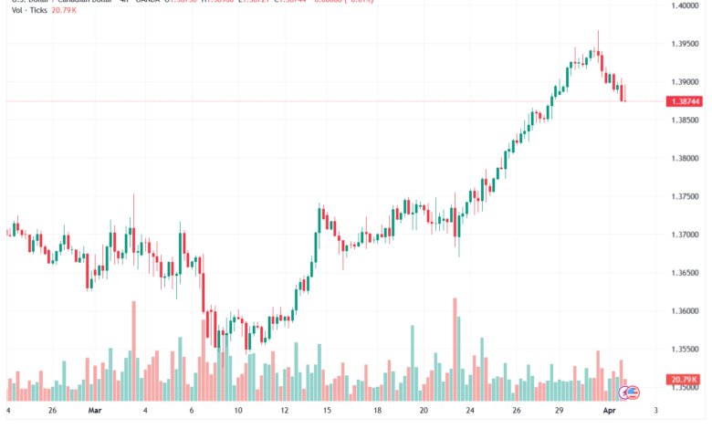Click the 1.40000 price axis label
[684, 6]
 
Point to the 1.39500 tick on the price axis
[684, 44]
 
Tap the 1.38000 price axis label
[684, 159]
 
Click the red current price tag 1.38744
[684, 101]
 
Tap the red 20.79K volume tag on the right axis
[684, 380]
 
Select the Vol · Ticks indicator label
[24, 9]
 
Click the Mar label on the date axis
[95, 412]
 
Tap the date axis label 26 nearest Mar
[53, 412]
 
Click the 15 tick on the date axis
[326, 412]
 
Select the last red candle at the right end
[623, 93]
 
